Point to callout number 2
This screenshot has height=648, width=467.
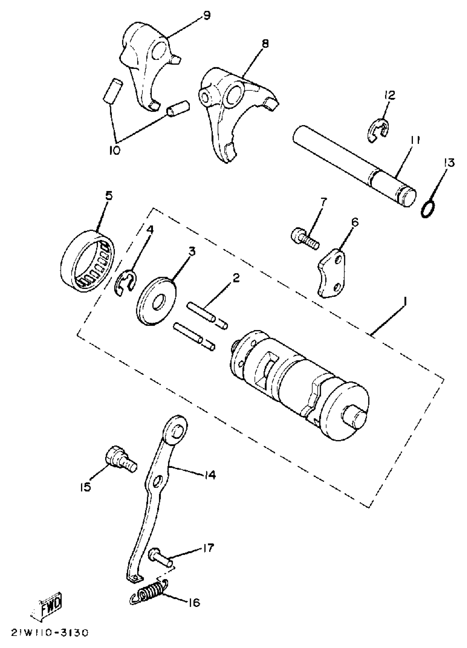pos(236,278)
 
